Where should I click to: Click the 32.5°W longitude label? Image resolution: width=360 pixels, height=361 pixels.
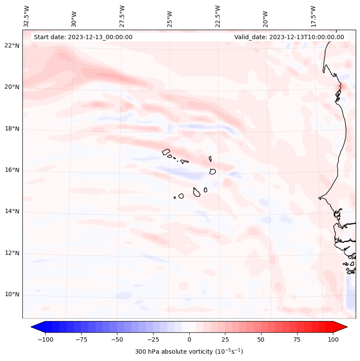point(27,16)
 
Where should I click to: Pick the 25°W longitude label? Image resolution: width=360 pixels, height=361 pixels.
point(170,16)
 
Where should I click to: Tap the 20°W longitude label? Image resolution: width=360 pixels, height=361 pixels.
point(265,16)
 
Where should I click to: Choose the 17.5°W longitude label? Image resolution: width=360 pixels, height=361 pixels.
point(313,16)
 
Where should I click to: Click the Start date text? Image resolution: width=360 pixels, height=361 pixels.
point(83,37)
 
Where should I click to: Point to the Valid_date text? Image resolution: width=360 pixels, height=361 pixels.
point(289,37)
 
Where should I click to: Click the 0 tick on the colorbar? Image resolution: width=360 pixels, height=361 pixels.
point(189,339)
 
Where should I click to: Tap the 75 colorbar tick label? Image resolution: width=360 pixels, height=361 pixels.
point(297,339)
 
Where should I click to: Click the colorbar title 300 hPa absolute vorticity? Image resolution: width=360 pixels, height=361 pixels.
point(189,352)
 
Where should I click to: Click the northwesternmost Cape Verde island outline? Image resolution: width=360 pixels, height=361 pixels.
point(166,151)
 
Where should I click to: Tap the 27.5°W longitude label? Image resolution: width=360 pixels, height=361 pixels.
point(122,16)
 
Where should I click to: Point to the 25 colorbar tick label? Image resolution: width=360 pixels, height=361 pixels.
point(225,339)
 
